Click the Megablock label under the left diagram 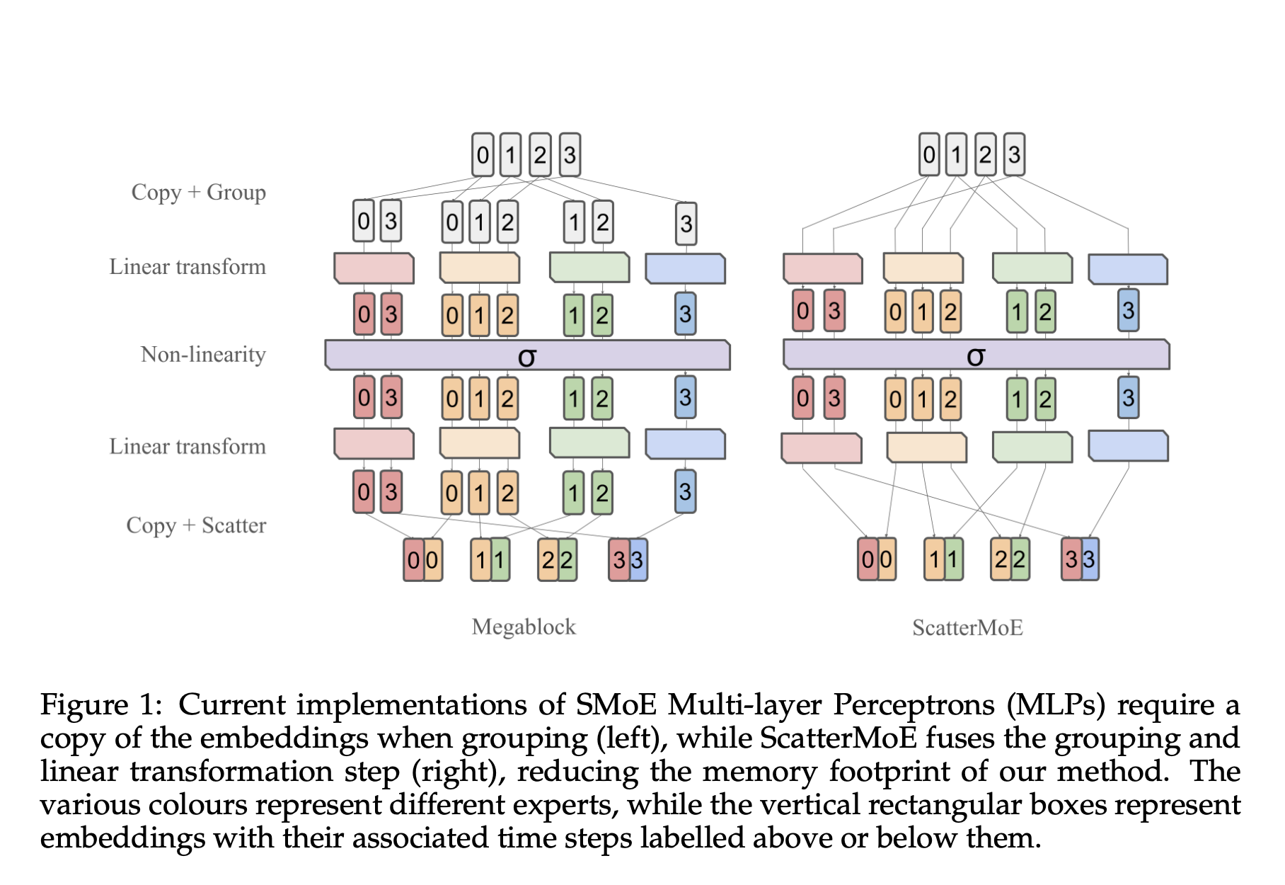pos(524,627)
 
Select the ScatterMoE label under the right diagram pos(967,628)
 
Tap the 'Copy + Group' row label pos(198,193)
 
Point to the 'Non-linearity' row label pos(203,354)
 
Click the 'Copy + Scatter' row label pos(196,525)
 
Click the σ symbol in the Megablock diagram pos(526,356)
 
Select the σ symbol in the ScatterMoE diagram pos(975,355)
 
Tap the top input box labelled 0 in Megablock pos(483,155)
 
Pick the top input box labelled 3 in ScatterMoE pos(1014,154)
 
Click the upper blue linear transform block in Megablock pos(685,268)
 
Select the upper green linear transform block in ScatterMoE pos(1032,268)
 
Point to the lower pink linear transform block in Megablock pos(374,444)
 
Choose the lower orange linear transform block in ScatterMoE pos(926,447)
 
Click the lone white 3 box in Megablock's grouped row pos(686,224)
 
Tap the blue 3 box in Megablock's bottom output pos(638,560)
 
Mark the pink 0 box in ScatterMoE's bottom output pos(868,559)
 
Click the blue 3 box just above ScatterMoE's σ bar pos(1128,310)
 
